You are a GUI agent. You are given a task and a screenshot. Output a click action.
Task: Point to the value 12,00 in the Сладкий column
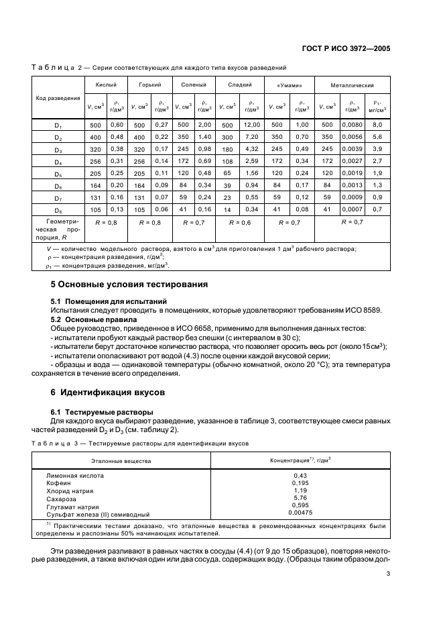click(x=252, y=125)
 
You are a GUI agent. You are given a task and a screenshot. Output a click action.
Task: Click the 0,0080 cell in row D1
click(x=352, y=125)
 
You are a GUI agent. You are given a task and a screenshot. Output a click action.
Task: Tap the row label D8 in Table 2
click(x=58, y=209)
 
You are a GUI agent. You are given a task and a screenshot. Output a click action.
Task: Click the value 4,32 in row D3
click(x=252, y=149)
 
